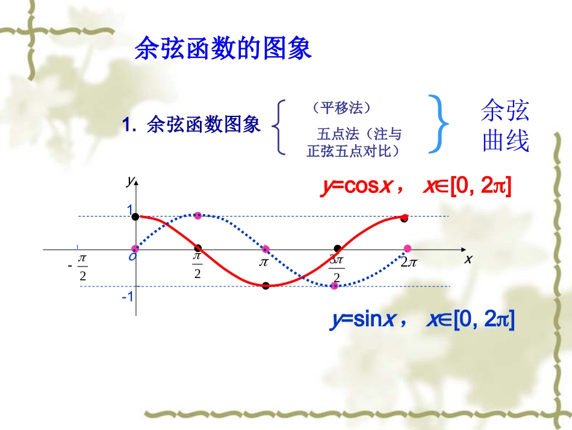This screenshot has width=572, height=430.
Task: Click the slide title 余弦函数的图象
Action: point(223,49)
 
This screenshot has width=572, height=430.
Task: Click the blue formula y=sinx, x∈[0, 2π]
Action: point(422,319)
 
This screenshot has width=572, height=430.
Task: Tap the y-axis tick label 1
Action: point(129,209)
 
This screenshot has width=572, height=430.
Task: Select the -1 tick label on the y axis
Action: point(127,297)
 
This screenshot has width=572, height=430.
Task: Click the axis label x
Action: point(467,259)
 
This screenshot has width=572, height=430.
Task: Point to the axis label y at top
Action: point(129,180)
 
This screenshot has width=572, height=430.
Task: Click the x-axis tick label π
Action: point(263,263)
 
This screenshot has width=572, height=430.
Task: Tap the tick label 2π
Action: point(409,262)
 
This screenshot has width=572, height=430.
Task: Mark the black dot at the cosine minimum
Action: point(266,286)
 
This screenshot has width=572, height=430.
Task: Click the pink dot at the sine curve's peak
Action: point(198,215)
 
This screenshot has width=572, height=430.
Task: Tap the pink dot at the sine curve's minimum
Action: point(334,285)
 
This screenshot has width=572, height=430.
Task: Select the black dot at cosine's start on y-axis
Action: point(135,216)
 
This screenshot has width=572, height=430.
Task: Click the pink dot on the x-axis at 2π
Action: point(408,248)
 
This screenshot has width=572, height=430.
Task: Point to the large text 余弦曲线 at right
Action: point(505,125)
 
